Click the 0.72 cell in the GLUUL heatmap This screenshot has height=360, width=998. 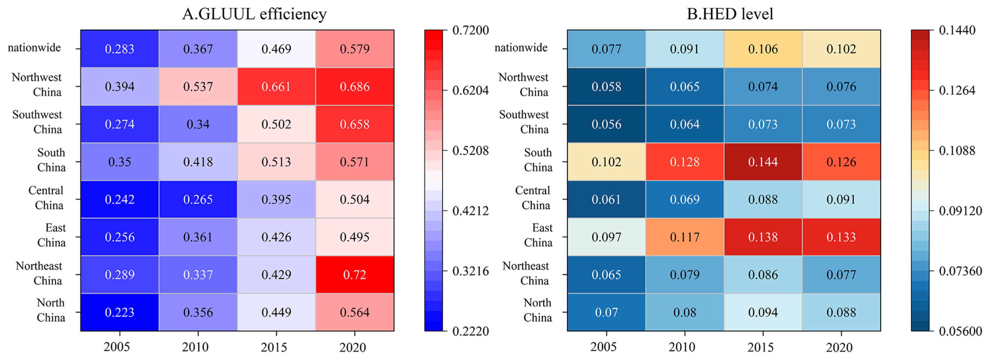point(354,274)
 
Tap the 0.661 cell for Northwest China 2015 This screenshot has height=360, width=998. point(276,86)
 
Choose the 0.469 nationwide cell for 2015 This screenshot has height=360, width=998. point(276,49)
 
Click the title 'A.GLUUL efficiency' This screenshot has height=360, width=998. point(254,14)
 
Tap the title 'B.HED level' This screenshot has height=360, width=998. point(730,14)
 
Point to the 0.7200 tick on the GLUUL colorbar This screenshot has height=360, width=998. point(470,30)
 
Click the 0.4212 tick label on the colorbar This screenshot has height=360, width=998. point(470,211)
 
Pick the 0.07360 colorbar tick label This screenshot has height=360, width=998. point(960,271)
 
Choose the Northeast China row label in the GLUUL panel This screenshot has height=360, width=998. point(39,273)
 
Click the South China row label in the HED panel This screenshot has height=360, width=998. point(538,160)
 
